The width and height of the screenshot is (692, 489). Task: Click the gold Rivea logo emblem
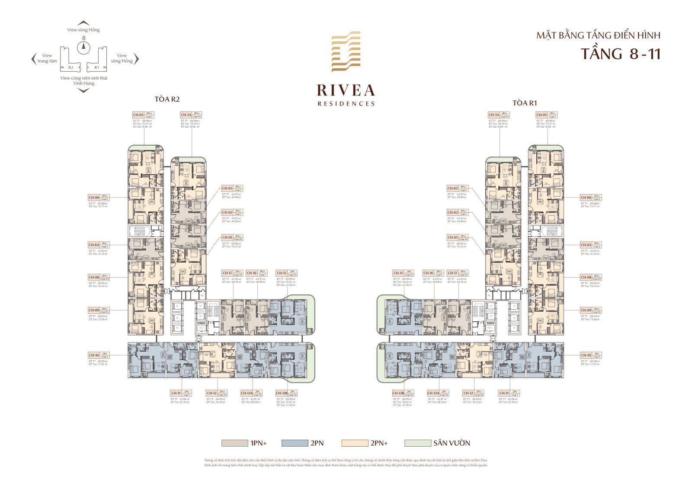[x=346, y=51]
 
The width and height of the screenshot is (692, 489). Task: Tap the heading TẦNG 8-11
[x=620, y=54]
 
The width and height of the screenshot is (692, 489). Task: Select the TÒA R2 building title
[x=167, y=99]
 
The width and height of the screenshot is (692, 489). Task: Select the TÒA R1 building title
[x=524, y=103]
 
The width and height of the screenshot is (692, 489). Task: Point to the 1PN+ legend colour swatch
[x=234, y=443]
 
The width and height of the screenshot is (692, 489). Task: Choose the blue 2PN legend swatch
[x=295, y=443]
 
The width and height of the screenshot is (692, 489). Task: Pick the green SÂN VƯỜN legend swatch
[x=418, y=443]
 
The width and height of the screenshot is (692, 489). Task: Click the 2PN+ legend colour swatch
[x=355, y=443]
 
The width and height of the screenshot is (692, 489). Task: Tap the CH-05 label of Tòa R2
[x=138, y=115]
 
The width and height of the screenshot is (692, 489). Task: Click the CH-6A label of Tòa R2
[x=94, y=245]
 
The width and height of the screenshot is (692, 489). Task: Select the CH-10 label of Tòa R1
[x=586, y=355]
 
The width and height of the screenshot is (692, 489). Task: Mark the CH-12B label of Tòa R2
[x=282, y=393]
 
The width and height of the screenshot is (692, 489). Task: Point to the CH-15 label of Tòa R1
[x=398, y=273]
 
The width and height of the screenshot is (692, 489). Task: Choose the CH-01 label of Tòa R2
[x=227, y=237]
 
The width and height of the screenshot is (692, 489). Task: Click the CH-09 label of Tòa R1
[x=586, y=310]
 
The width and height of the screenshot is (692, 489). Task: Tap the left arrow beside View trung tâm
[x=33, y=58]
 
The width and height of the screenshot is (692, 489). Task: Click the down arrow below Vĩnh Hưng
[x=83, y=90]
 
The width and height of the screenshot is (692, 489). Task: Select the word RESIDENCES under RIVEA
[x=346, y=104]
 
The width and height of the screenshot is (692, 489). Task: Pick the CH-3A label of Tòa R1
[x=494, y=115]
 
